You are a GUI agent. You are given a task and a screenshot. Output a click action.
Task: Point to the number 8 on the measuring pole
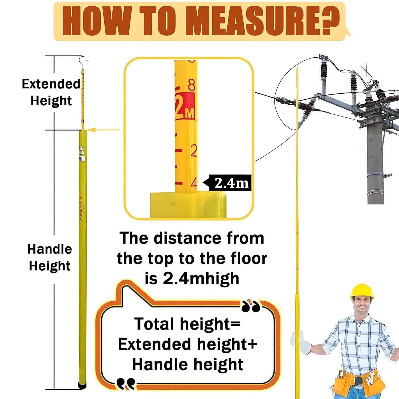click(192, 85)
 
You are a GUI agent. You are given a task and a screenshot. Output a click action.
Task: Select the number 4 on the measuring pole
click(194, 183)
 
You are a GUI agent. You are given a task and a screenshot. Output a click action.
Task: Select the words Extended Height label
click(51, 92)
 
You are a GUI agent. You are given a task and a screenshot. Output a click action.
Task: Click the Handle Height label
click(49, 257)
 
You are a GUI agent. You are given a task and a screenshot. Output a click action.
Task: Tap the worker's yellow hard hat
click(362, 291)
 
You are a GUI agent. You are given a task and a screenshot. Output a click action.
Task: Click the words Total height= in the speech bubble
click(187, 324)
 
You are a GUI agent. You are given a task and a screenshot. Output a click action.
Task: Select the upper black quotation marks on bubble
click(251, 306)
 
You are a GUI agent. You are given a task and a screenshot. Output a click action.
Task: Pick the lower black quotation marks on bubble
click(126, 383)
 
